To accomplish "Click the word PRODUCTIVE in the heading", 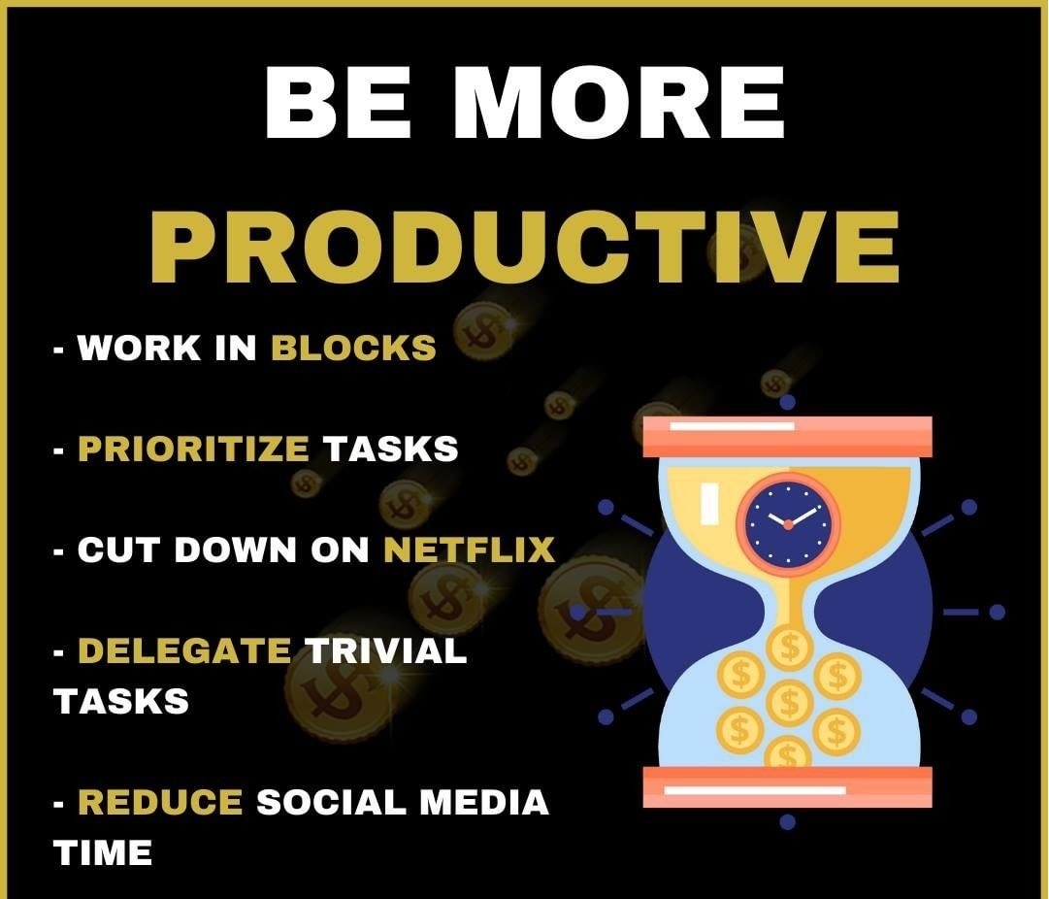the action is point(525,247).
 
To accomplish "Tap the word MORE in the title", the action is point(619,102).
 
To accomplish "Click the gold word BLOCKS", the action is point(353,348).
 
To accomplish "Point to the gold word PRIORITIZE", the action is point(193,449).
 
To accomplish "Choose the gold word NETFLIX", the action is point(469,549).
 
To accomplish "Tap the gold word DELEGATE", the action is point(184,650).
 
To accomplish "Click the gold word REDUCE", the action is point(160,802).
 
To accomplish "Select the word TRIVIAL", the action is point(386,650).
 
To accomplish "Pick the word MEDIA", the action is point(484,802).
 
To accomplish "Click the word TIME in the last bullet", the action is point(102,852).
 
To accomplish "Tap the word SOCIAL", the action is point(331,802).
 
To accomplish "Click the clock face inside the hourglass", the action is point(788,522).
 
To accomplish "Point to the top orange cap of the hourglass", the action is point(787,437).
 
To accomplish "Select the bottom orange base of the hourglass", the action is point(787,786).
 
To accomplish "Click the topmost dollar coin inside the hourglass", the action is point(790,648).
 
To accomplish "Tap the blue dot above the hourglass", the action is point(788,402).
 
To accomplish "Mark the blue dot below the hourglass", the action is point(788,821).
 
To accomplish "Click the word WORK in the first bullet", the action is point(139,348).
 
